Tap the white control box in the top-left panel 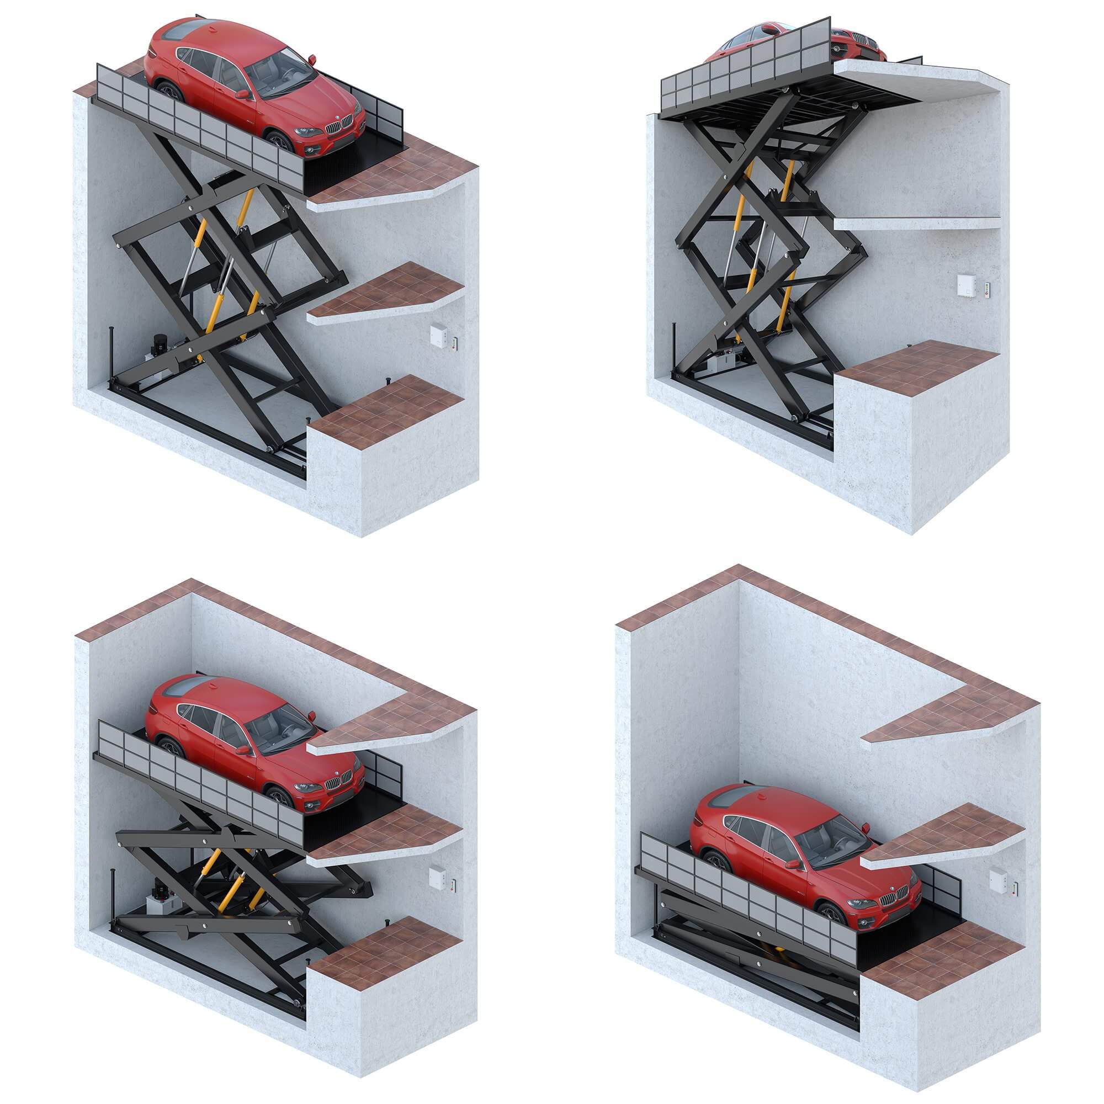(439, 336)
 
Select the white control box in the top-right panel (968, 285)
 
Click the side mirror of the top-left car (243, 94)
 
